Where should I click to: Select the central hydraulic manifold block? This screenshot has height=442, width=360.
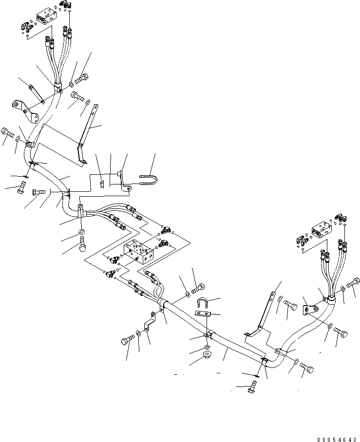click(140, 253)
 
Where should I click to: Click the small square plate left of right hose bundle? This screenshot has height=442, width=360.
click(309, 310)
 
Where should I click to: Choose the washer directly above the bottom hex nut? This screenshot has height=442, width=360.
click(207, 349)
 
